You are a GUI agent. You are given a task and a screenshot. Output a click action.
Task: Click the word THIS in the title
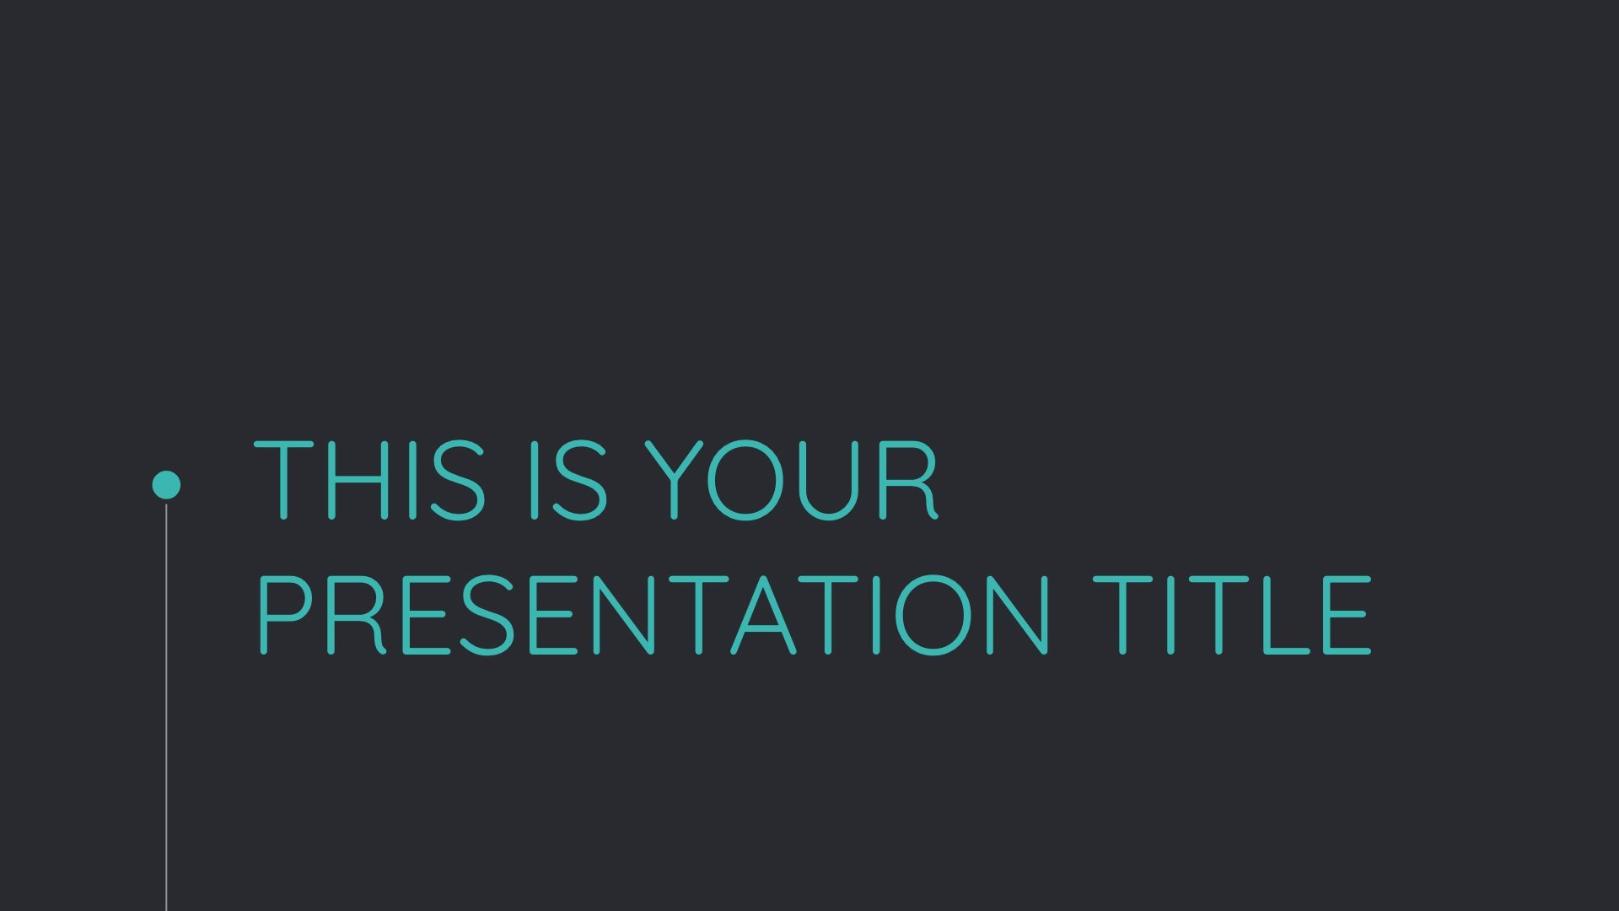click(369, 479)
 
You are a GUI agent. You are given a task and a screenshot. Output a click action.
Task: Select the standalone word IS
click(567, 479)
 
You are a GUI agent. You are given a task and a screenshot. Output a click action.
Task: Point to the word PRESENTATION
click(654, 615)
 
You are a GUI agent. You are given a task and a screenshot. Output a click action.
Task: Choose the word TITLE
click(1232, 615)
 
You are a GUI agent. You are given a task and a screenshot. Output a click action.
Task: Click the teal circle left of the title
click(166, 485)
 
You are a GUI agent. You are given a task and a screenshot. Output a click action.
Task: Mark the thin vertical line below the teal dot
click(166, 707)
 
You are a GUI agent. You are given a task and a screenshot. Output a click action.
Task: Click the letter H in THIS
click(358, 479)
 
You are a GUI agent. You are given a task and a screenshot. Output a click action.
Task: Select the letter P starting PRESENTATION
click(282, 615)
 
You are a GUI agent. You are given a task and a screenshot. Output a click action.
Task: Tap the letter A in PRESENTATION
click(763, 615)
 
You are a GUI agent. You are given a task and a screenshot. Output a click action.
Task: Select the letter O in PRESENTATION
click(933, 615)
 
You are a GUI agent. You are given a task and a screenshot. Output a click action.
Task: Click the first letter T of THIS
click(284, 479)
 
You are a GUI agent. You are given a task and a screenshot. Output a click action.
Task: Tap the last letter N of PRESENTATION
click(1019, 615)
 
